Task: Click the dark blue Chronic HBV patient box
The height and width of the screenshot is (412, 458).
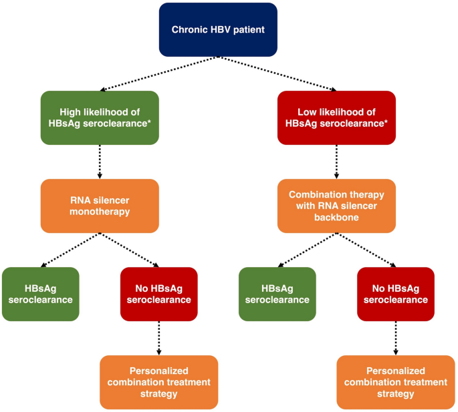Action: (x=217, y=29)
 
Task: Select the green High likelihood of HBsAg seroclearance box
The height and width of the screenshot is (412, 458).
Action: (x=100, y=118)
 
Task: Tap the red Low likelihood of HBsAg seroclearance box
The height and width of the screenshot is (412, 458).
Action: (x=336, y=118)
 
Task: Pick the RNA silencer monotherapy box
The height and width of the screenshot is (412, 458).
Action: (x=100, y=206)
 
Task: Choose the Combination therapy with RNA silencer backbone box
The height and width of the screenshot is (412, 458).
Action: (x=336, y=206)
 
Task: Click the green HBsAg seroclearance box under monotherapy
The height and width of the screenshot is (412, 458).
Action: (x=40, y=294)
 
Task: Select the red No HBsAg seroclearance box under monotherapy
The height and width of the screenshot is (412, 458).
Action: (x=159, y=294)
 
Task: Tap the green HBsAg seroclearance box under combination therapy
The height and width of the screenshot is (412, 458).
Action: (x=277, y=294)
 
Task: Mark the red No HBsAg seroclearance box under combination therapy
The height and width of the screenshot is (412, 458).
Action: (x=396, y=294)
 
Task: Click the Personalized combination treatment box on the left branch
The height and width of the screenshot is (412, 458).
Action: (x=159, y=382)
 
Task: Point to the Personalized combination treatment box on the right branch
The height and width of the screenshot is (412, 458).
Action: (x=396, y=382)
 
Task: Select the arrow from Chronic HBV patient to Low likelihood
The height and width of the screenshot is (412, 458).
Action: (x=277, y=73)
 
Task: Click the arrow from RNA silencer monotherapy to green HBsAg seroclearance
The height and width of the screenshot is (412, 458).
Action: (x=70, y=250)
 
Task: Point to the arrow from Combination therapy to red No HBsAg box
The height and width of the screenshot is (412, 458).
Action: (x=366, y=250)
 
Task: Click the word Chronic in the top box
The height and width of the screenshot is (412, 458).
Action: (x=189, y=29)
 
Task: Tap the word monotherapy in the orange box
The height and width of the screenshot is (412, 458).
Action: (x=100, y=212)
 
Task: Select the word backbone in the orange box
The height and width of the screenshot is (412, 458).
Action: (x=336, y=218)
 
